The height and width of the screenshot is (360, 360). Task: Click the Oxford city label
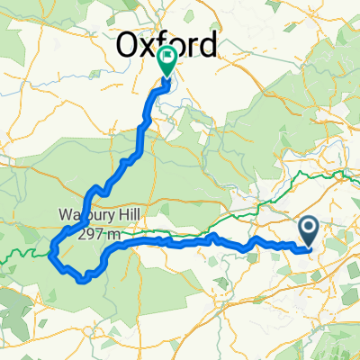point(168,44)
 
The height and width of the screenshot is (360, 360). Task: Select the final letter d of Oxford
point(207,44)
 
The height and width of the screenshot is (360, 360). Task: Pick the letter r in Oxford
point(193,45)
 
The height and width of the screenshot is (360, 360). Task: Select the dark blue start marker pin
point(308,231)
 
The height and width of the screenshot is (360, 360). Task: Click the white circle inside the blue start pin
point(308,228)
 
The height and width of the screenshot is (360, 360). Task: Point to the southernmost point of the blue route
point(83,280)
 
